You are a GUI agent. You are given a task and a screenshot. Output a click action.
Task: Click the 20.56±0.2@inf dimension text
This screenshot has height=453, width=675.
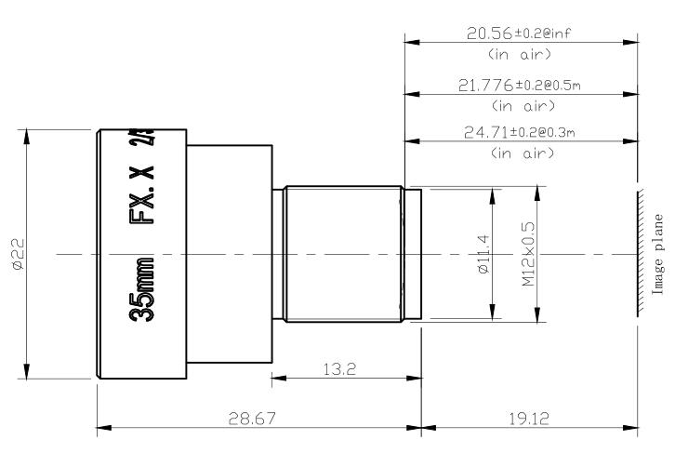coord(520,33)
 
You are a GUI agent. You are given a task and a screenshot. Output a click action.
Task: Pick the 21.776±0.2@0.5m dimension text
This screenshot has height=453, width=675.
coord(520,85)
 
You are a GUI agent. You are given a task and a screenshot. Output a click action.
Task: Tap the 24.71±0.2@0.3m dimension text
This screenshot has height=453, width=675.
coord(520,133)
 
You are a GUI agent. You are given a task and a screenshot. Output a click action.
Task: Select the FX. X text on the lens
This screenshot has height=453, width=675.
coord(145,200)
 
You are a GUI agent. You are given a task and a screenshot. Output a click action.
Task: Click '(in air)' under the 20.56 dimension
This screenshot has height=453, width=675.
coord(520,54)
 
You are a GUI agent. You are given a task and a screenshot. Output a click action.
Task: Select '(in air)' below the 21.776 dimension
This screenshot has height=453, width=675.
coord(520,104)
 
